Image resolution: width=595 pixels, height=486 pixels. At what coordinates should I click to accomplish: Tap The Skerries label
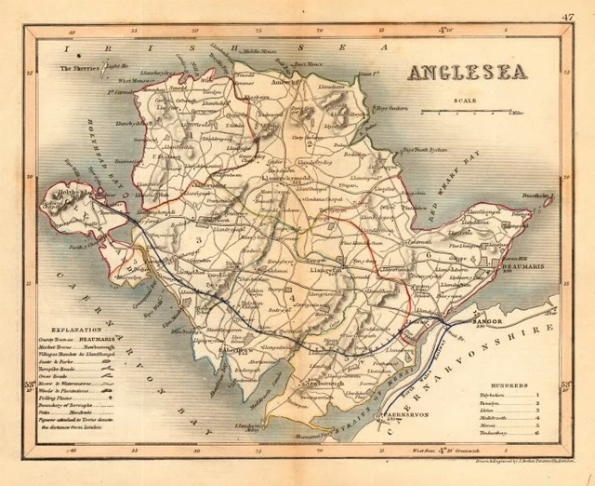79,68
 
